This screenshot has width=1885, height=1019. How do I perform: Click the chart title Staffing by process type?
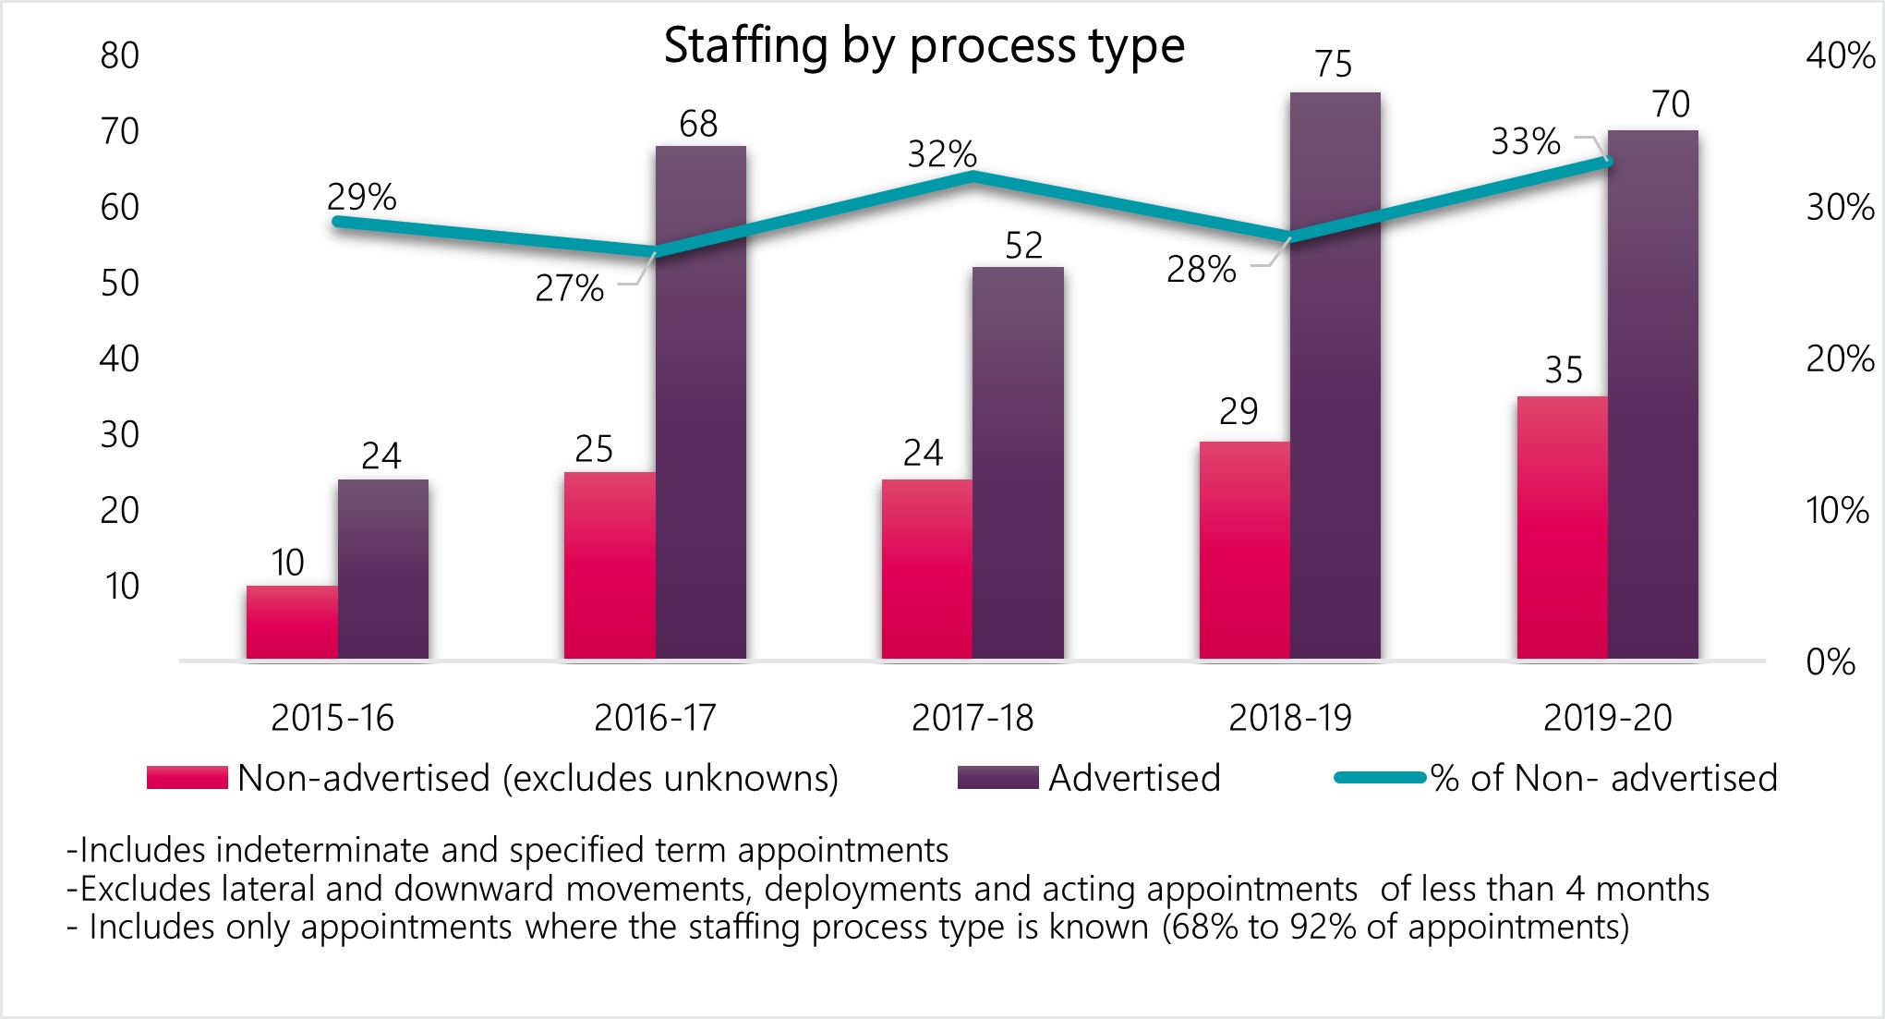tap(924, 46)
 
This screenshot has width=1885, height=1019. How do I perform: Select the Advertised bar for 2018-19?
tap(1335, 374)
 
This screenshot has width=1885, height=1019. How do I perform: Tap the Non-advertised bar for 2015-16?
tap(292, 622)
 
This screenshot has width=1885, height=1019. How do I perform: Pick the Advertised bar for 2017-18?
tap(1018, 462)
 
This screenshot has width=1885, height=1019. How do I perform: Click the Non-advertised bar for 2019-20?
tap(1562, 527)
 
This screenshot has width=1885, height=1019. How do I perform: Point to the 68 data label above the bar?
tap(698, 124)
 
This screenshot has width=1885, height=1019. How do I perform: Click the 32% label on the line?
tap(942, 154)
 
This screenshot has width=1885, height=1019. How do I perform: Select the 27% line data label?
tap(569, 289)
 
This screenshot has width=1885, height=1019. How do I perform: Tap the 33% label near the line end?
tap(1526, 142)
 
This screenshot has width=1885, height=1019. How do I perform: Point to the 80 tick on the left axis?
tap(120, 56)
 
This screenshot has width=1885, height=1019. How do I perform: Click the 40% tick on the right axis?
tap(1840, 56)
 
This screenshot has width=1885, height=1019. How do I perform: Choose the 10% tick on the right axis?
tap(1837, 511)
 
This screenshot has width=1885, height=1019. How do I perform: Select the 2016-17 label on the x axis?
tap(655, 718)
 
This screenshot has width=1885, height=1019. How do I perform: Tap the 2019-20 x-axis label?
tap(1608, 718)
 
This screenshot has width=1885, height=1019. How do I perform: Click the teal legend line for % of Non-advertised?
tap(1380, 778)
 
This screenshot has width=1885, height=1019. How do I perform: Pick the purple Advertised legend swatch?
tap(997, 778)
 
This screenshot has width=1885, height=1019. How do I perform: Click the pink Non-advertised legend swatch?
tap(187, 778)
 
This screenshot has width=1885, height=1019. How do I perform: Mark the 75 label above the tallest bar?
tap(1334, 65)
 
